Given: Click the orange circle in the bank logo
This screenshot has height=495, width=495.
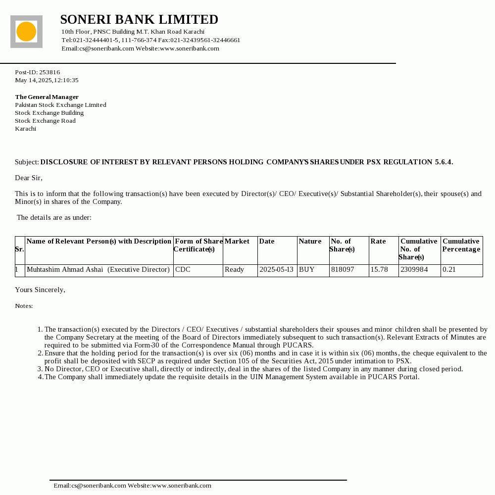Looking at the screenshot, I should coord(26,32).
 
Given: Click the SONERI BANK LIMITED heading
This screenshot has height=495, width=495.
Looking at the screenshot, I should coord(139,20).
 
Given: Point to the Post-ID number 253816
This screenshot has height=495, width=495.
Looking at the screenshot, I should coord(49,72).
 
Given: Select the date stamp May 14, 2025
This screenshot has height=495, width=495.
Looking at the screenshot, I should coord(47,80).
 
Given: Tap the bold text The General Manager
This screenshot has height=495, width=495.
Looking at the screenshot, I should coord(47,97).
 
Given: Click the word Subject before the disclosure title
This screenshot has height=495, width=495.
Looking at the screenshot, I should coord(27,162).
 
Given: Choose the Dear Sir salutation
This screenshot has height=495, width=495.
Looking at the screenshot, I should coord(29,178).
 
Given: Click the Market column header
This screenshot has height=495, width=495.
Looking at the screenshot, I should coord(237,242).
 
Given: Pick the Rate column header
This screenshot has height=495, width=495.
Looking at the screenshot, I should coord(378,242).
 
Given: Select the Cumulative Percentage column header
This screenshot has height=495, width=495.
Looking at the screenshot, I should coord(461,245).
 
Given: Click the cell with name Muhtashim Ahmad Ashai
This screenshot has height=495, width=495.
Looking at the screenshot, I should coord(98,270).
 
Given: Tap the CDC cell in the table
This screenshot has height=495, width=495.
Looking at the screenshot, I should coord(183,270).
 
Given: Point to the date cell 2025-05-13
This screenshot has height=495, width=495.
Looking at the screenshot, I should coord(276,270).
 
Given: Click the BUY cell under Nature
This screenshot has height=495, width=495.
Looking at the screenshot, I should coord(307,270).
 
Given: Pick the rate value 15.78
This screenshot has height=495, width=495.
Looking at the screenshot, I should coord(379,270).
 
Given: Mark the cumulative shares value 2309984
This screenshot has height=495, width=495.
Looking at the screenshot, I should coord(414,270).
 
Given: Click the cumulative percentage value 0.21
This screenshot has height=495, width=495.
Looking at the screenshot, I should coord(449,270).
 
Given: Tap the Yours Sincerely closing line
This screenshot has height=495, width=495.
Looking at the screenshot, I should coord(40,290).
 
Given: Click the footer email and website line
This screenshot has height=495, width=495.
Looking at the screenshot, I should coord(133,486).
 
